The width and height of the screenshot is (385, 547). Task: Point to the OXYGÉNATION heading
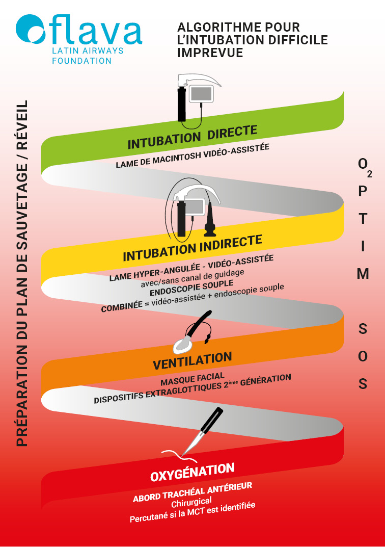point(192,472)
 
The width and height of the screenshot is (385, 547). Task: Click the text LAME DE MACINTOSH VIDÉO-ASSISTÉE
point(192,156)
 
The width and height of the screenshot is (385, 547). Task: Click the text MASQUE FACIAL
point(193,379)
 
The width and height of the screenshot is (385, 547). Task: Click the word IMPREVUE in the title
point(210,52)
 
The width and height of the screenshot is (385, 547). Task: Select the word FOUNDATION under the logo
point(82,61)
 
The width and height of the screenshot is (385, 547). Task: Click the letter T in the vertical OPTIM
point(363,219)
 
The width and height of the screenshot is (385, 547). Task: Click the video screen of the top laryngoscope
point(201,94)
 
